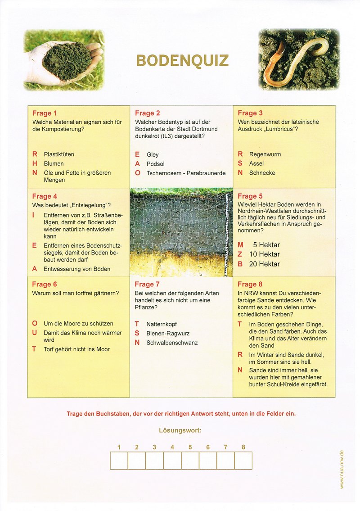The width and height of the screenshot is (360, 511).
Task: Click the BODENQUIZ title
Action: [182, 61]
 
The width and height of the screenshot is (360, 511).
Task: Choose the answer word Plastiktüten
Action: [59, 154]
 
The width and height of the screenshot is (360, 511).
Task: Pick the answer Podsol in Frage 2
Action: [156, 163]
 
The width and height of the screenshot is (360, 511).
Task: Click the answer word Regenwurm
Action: [265, 154]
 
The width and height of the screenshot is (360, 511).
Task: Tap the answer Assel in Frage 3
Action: [256, 163]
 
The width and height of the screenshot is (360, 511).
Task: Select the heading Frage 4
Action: [45, 196]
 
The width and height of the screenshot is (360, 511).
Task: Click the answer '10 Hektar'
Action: [264, 254]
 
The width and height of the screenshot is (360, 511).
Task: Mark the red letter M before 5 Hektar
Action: [240, 245]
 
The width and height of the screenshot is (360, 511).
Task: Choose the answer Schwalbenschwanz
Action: [172, 343]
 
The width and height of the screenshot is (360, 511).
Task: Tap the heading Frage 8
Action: [250, 284]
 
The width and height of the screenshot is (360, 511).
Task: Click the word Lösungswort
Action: [180, 430]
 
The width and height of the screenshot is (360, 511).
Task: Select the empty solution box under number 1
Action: [119, 461]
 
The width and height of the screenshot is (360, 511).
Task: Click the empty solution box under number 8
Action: [243, 461]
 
